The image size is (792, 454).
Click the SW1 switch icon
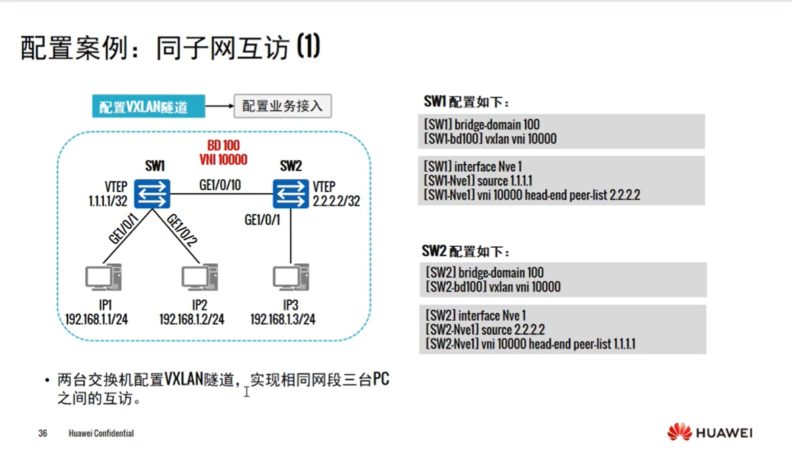coord(152,194)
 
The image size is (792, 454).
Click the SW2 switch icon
coord(291,194)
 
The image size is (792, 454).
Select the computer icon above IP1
coord(103,278)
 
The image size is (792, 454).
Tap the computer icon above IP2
coord(199,278)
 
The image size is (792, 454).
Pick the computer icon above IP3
coord(291,278)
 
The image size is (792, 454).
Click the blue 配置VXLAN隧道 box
coord(149,106)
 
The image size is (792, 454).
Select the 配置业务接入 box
coord(283,106)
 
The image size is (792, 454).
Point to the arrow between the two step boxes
coord(219,106)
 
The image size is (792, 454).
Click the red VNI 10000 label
coord(223,160)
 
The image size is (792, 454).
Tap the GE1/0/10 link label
coord(220,184)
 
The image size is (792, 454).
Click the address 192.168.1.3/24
coord(283,319)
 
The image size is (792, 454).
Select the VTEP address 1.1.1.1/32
coord(108,201)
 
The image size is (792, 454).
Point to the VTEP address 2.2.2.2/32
coord(336,201)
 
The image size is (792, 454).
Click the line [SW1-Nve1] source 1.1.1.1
coord(478,181)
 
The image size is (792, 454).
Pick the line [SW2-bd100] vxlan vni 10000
coord(493,287)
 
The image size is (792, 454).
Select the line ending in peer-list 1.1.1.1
coord(530,344)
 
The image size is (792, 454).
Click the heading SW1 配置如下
coord(466,102)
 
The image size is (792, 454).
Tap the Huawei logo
coord(710,432)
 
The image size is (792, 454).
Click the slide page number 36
coord(43,433)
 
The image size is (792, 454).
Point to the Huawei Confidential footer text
coord(101,433)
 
